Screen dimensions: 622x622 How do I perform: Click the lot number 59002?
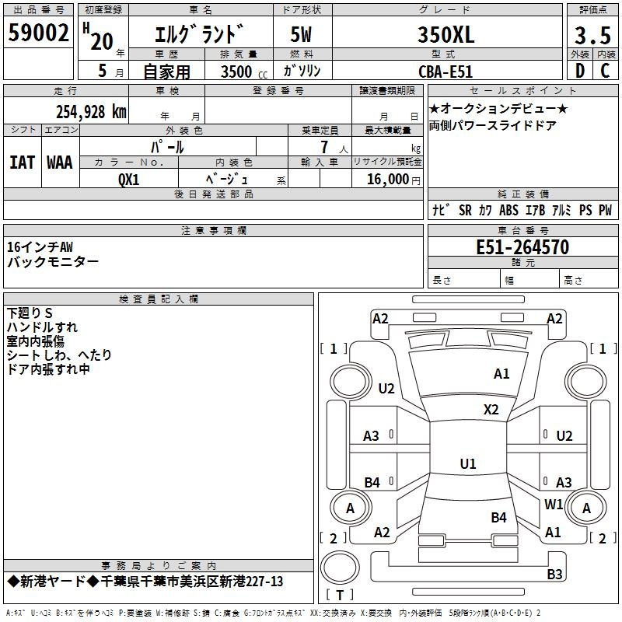click(38, 33)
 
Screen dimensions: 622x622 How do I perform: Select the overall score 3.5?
click(592, 35)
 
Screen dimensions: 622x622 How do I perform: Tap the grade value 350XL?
click(446, 34)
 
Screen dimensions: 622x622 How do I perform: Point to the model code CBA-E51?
click(446, 72)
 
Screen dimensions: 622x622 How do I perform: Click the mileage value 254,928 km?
click(91, 112)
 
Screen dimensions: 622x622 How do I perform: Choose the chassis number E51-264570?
click(522, 247)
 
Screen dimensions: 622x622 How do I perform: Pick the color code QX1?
click(128, 180)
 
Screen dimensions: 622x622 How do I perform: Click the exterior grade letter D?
click(580, 71)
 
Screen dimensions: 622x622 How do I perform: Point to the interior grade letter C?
click(605, 71)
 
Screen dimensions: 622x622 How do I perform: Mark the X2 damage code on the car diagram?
click(491, 410)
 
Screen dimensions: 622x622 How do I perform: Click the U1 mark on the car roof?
click(468, 463)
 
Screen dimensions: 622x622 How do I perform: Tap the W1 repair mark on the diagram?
click(554, 504)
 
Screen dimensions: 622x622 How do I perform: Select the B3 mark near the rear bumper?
click(554, 574)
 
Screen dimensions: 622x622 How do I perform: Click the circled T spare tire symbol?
click(340, 568)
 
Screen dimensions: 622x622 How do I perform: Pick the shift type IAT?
click(22, 162)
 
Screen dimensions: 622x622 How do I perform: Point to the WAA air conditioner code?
click(60, 162)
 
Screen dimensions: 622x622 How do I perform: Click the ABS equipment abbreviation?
click(508, 210)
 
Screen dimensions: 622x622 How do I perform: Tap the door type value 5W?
click(301, 34)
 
